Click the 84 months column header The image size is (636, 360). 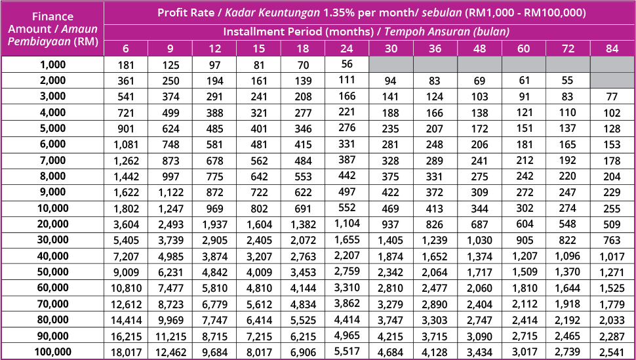[x=612, y=49]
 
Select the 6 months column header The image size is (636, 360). [x=125, y=49]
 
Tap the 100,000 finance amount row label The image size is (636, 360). [x=52, y=353]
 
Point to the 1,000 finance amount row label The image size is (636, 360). [x=52, y=64]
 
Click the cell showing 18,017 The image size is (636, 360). [x=125, y=353]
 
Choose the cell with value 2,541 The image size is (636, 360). [x=612, y=353]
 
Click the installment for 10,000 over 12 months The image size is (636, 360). [x=214, y=209]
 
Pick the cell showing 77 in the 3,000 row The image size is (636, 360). [x=612, y=96]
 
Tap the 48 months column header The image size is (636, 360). [x=479, y=49]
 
